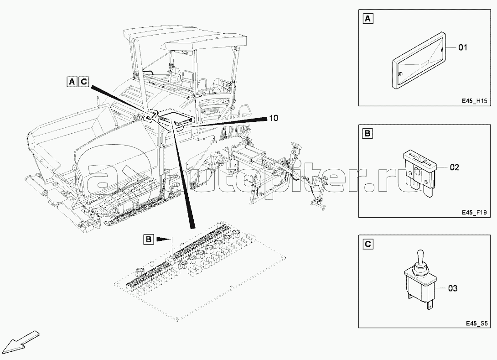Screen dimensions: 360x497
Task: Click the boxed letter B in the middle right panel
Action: pyautogui.click(x=368, y=134)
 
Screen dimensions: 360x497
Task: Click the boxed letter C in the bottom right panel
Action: pyautogui.click(x=368, y=244)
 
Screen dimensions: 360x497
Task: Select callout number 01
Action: pyautogui.click(x=462, y=47)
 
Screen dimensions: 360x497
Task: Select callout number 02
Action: pyautogui.click(x=454, y=167)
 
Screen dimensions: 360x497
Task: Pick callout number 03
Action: pyautogui.click(x=453, y=288)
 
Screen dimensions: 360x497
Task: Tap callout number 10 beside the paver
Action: pyautogui.click(x=273, y=118)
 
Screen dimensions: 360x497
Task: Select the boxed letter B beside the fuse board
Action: pyautogui.click(x=148, y=239)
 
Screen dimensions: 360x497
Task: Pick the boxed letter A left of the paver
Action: pyautogui.click(x=72, y=82)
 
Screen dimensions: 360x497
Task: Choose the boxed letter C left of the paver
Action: pyautogui.click(x=83, y=82)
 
